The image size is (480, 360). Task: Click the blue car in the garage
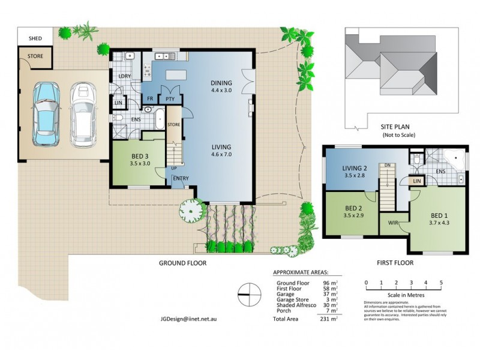pyautogui.click(x=46, y=114)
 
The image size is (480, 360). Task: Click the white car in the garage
pyautogui.click(x=83, y=114)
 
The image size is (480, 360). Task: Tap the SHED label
pyautogui.click(x=29, y=39)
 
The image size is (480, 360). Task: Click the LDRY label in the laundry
pyautogui.click(x=125, y=76)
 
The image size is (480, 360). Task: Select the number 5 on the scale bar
pyautogui.click(x=441, y=282)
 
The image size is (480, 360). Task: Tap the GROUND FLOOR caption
pyautogui.click(x=183, y=263)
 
